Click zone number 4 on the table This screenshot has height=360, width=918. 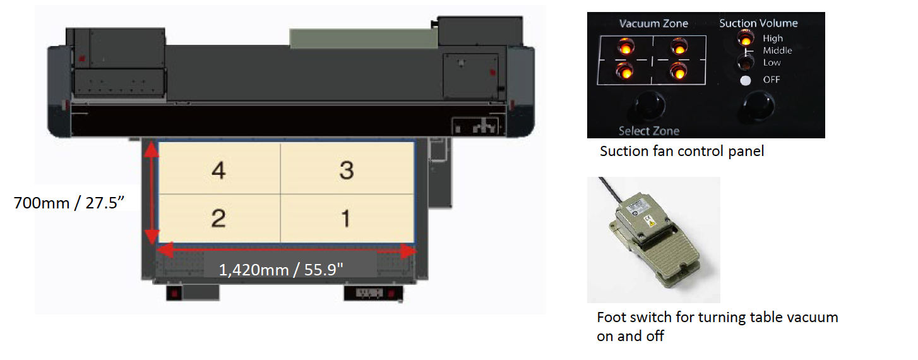click(x=219, y=170)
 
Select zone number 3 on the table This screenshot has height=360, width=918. click(x=347, y=170)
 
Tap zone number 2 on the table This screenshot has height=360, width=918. click(x=218, y=218)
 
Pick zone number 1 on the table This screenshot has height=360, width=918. click(x=346, y=218)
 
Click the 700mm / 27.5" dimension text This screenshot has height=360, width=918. click(x=69, y=203)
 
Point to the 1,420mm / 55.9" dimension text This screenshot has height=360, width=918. click(x=281, y=270)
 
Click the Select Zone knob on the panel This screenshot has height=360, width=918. click(x=649, y=105)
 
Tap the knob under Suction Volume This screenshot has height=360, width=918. click(x=758, y=105)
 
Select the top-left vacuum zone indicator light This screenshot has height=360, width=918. click(x=626, y=47)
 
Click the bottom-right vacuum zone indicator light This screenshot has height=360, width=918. click(x=679, y=72)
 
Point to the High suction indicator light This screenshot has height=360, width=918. click(x=746, y=39)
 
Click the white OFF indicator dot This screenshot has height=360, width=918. click(x=746, y=80)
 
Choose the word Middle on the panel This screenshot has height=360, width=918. click(x=777, y=51)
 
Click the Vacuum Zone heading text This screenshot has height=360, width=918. click(x=653, y=23)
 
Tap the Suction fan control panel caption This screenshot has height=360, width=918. click(x=682, y=152)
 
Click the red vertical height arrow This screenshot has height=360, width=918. click(x=152, y=193)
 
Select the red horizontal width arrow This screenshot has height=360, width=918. click(x=287, y=249)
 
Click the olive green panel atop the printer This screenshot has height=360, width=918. click(x=364, y=39)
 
